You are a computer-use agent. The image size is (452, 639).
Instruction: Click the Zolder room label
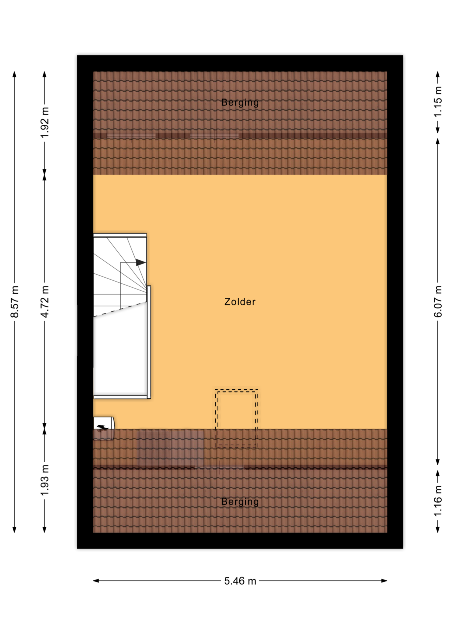(x=240, y=302)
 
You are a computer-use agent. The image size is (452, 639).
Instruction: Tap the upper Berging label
(x=240, y=103)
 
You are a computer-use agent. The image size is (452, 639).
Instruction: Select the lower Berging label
(x=240, y=502)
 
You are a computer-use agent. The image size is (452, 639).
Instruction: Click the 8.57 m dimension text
(x=15, y=302)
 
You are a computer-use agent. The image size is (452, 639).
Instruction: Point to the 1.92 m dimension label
(x=45, y=122)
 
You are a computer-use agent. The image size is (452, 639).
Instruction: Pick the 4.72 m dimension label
(x=45, y=302)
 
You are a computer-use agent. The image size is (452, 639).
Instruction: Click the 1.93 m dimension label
(x=45, y=480)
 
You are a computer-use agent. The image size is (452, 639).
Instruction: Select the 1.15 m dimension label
(x=438, y=102)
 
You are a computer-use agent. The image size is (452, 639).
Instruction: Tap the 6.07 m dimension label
(x=438, y=302)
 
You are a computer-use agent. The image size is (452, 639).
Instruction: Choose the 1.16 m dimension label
(x=438, y=501)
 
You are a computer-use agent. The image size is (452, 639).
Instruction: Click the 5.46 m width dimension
(x=240, y=581)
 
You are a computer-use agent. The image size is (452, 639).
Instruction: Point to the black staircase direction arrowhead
(x=141, y=263)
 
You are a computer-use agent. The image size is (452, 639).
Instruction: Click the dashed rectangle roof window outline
(x=237, y=389)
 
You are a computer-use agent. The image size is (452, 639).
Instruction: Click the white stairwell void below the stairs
(x=120, y=356)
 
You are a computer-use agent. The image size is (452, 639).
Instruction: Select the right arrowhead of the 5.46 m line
(x=384, y=581)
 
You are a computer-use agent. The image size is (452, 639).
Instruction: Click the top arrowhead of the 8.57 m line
(x=15, y=74)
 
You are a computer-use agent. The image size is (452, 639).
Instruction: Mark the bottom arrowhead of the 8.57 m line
(x=15, y=529)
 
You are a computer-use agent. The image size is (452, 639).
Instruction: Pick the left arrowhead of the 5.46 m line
(x=96, y=581)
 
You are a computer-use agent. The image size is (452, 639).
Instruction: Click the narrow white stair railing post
(x=149, y=342)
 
